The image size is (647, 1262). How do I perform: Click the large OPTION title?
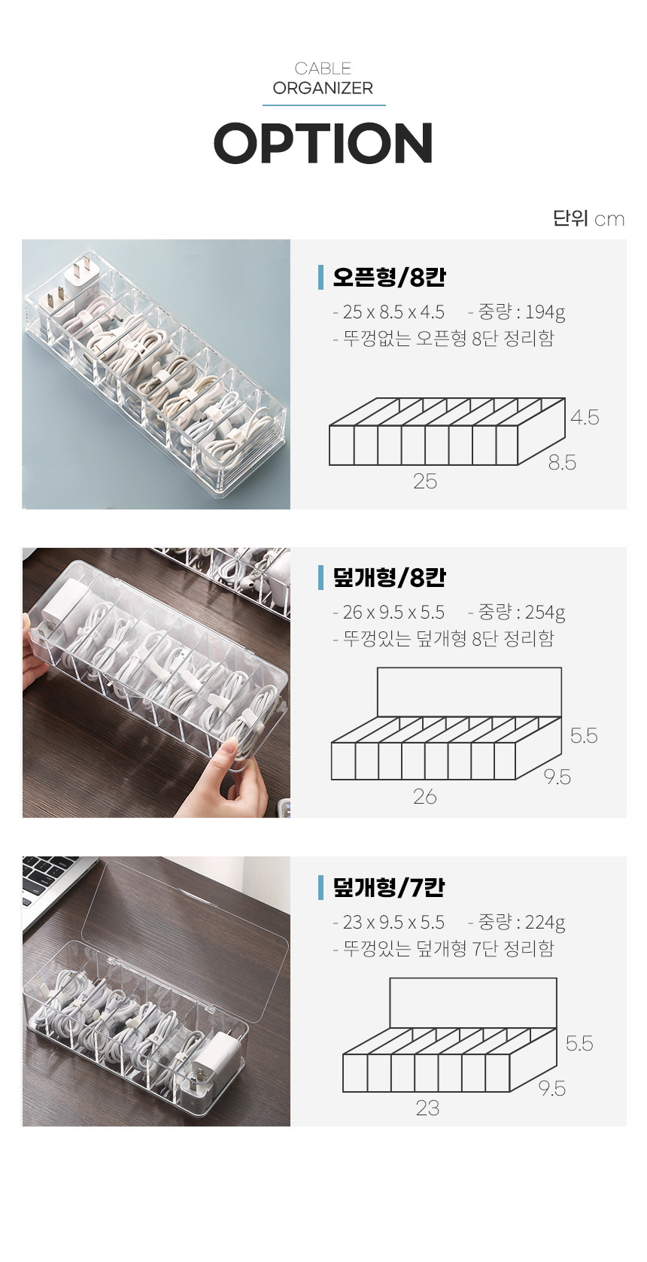click(323, 142)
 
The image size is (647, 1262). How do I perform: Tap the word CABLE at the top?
click(323, 68)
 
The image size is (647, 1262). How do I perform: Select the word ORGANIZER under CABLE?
click(323, 89)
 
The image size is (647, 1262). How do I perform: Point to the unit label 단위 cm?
click(588, 218)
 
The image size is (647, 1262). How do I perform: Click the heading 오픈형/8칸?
click(389, 277)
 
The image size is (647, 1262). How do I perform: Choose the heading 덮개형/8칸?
click(389, 577)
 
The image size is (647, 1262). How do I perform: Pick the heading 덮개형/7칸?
click(388, 887)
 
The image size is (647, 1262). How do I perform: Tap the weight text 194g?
click(545, 312)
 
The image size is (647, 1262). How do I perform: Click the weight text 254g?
click(545, 612)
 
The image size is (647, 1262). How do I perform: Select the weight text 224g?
click(545, 922)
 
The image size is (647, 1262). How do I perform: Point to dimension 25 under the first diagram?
click(424, 482)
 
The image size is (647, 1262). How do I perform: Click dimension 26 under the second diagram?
click(424, 797)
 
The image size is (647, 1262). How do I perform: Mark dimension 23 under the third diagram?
click(427, 1108)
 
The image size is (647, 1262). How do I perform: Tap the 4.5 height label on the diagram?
click(585, 418)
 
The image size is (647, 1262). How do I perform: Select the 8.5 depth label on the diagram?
click(562, 463)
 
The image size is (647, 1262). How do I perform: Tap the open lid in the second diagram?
click(469, 692)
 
